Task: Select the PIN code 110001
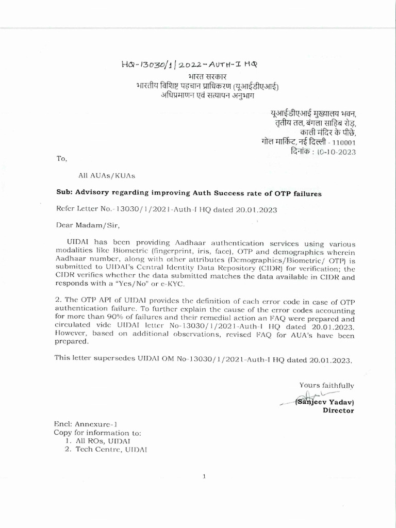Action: [341, 142]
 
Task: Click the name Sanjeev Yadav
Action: [325, 402]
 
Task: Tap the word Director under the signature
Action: [338, 410]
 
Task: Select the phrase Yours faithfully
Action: [326, 385]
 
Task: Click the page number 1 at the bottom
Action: [204, 476]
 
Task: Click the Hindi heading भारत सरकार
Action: [204, 76]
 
